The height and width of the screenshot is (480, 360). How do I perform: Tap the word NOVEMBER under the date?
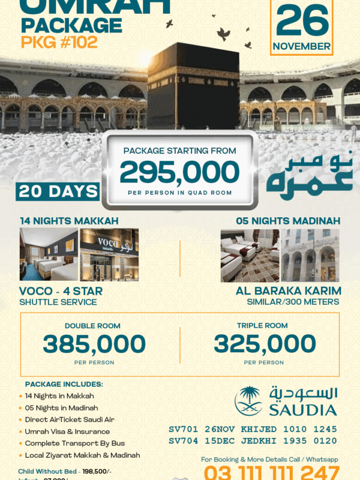point(302,46)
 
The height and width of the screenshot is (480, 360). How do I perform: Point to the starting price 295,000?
point(179,173)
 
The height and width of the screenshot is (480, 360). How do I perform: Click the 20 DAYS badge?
point(58,191)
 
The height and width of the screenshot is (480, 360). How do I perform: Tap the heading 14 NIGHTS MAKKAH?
point(69,220)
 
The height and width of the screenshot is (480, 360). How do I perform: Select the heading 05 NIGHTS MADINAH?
point(288,220)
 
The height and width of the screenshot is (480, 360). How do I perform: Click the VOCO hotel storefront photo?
point(109,254)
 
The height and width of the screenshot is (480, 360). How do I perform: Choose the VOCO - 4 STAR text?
point(61,291)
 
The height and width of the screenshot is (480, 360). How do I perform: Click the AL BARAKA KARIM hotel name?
point(289,291)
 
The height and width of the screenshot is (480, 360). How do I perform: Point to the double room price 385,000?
point(94,344)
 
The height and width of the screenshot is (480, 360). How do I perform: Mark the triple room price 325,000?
point(265,344)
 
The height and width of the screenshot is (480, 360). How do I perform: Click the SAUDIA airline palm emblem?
point(248,401)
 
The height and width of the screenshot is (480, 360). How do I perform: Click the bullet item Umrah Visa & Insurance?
point(67,431)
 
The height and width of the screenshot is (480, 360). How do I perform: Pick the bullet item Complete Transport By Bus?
point(76,443)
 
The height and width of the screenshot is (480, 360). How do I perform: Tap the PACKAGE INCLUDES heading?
point(64,384)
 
